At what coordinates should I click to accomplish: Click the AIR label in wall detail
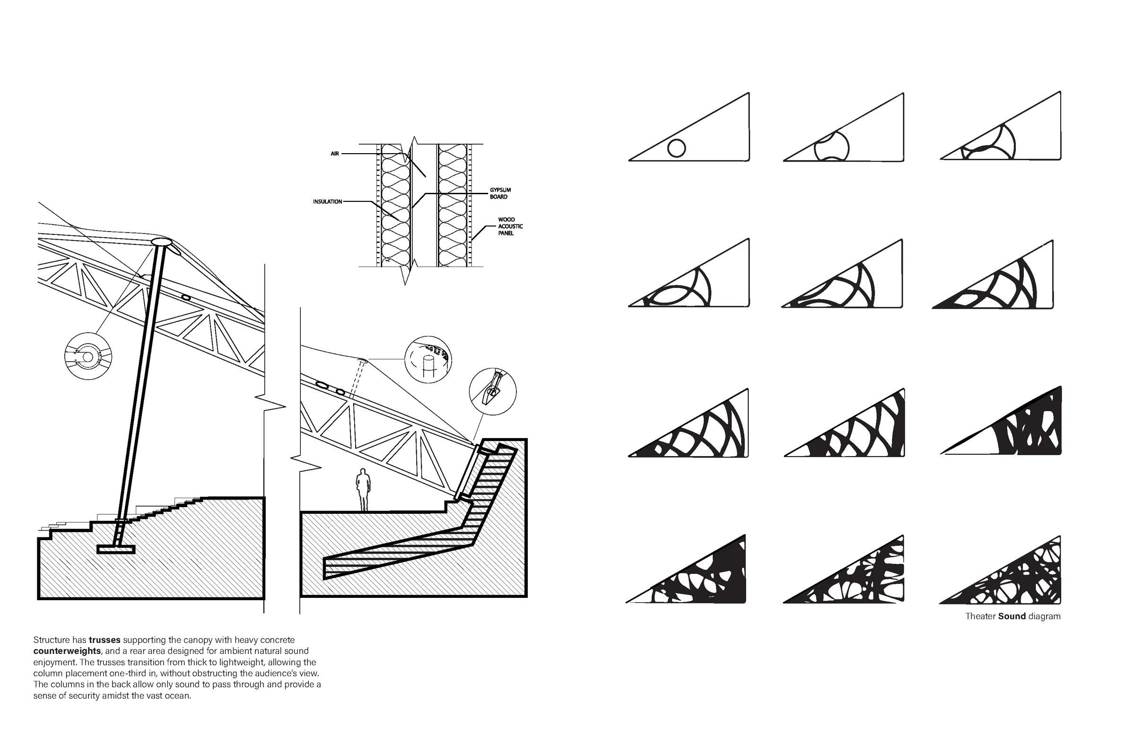click(335, 154)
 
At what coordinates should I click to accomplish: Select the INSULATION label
click(327, 202)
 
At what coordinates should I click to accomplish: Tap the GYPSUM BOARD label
click(500, 193)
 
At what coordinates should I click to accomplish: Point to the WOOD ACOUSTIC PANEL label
click(510, 226)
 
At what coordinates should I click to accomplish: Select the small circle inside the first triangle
click(677, 148)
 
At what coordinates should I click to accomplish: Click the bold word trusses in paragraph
click(105, 640)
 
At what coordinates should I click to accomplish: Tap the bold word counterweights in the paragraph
click(67, 651)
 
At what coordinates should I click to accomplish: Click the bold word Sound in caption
click(1012, 616)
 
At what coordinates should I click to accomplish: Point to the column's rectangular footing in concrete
click(116, 550)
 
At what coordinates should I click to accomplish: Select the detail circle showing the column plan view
click(88, 356)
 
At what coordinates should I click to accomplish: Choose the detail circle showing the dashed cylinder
click(428, 360)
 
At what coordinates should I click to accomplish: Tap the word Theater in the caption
click(980, 616)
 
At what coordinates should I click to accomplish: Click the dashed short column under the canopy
click(356, 380)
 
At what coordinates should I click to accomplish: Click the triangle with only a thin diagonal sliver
click(1002, 422)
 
